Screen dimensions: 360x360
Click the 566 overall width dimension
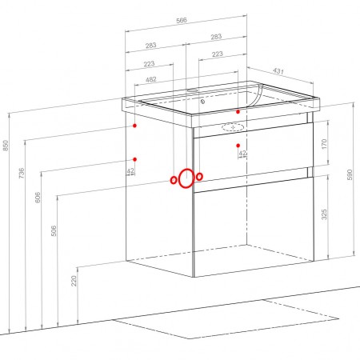[182, 20]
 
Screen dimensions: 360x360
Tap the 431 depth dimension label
[278, 71]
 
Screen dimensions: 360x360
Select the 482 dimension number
[151, 79]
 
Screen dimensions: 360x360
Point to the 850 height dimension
[6, 146]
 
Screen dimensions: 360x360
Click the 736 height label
[22, 173]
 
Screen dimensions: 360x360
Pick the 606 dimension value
[38, 197]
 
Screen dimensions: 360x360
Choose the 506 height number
[54, 231]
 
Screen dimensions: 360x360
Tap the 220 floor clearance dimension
[74, 281]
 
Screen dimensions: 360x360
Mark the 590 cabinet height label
[350, 174]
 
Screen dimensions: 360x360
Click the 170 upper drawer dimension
[324, 144]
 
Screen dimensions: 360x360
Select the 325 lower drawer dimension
[324, 214]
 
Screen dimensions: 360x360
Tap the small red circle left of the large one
[173, 180]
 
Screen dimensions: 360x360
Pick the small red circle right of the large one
[199, 176]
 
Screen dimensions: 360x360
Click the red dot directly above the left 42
[135, 159]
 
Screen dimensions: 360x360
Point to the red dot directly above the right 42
[238, 146]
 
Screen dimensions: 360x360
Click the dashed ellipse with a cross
[233, 127]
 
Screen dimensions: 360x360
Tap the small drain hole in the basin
[202, 102]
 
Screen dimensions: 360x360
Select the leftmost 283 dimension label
[151, 46]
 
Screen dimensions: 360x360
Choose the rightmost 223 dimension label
[218, 54]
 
